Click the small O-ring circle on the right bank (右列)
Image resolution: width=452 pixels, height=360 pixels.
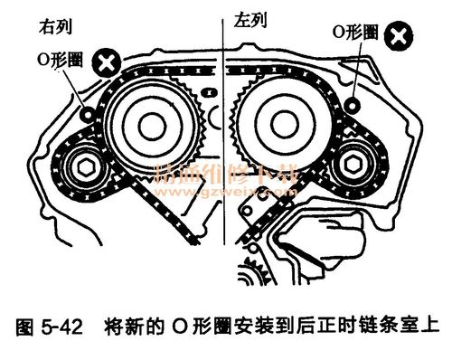(88, 115)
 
